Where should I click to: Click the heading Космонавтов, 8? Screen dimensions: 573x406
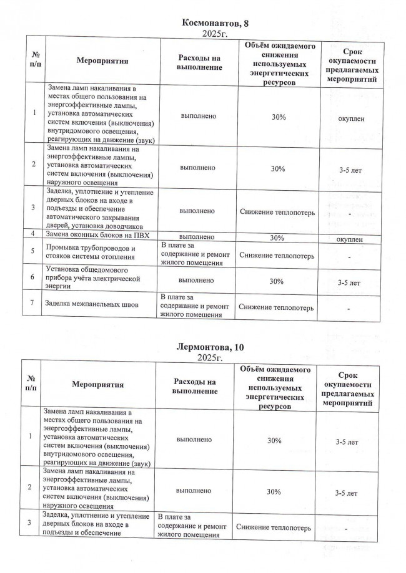point(214,23)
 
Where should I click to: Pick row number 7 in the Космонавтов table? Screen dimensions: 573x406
point(32,304)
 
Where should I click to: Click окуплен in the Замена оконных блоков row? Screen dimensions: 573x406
point(350,239)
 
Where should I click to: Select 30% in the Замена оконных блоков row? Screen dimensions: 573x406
point(279,238)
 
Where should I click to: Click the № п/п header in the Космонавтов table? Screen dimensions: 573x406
point(32,61)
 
